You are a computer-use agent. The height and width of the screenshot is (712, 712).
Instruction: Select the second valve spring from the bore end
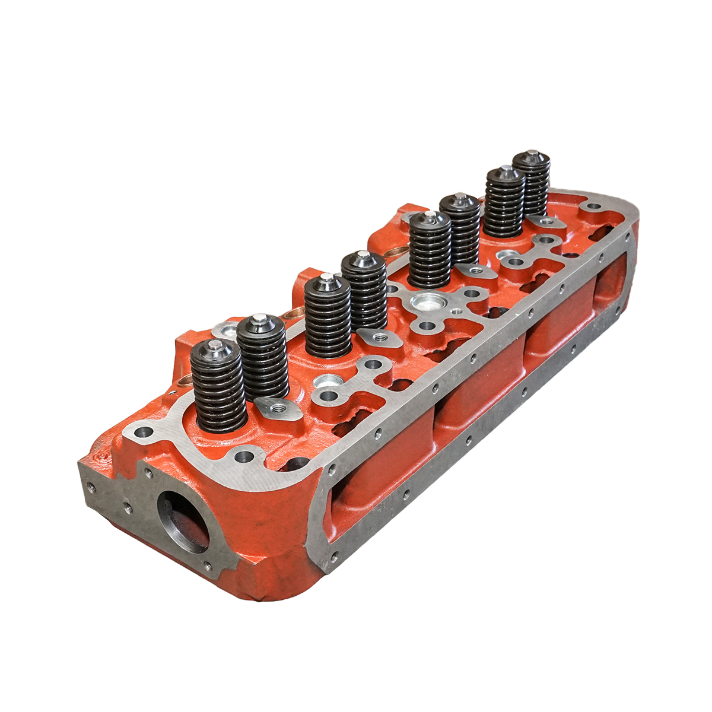(x=262, y=356)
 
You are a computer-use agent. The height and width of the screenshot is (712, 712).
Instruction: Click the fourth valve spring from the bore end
(x=364, y=291)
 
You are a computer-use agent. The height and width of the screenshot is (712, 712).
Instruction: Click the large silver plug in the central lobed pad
(x=426, y=303)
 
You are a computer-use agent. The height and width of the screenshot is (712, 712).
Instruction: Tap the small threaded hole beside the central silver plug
(x=456, y=311)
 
